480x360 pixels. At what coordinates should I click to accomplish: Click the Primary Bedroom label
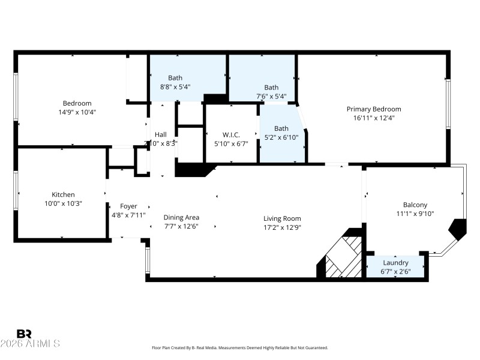click(373, 109)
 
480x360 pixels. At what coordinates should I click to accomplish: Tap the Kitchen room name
click(63, 194)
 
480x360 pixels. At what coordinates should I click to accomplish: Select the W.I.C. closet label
click(231, 134)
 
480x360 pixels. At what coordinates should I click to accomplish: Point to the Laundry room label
click(395, 263)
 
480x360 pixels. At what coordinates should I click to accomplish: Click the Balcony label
click(415, 205)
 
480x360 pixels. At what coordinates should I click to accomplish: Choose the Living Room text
click(282, 218)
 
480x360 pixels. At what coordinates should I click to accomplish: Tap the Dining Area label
click(181, 217)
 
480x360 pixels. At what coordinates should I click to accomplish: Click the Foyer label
click(128, 206)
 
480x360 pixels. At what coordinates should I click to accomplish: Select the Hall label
click(161, 134)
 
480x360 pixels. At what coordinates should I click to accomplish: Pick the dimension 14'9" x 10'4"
click(77, 112)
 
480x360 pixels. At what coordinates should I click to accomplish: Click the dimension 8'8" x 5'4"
click(175, 86)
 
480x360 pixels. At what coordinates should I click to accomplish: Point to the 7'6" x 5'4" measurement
click(271, 96)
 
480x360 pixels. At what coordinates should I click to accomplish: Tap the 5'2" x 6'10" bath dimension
click(281, 137)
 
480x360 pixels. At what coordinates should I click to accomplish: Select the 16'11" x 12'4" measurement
click(374, 118)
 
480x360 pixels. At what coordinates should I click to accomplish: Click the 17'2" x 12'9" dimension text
click(282, 227)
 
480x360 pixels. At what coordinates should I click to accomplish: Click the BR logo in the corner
click(24, 334)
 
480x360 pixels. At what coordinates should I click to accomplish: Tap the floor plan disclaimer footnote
click(240, 348)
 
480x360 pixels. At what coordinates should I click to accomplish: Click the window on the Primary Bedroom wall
click(447, 103)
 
